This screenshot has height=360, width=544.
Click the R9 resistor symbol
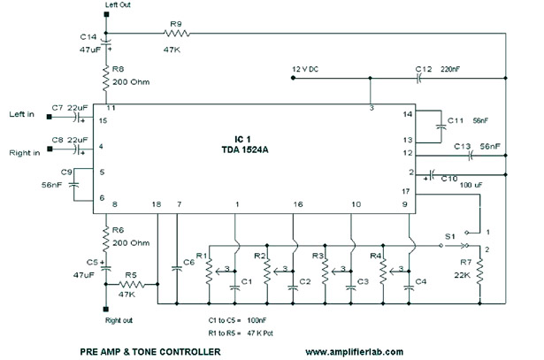pyautogui.click(x=177, y=34)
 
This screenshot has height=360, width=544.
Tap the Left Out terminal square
pyautogui.click(x=106, y=14)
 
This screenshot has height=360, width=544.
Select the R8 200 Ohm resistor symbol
pyautogui.click(x=106, y=79)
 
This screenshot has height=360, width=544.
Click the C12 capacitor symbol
pyautogui.click(x=418, y=79)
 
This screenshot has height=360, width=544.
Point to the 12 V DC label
pyautogui.click(x=305, y=69)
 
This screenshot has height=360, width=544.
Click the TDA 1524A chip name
pyautogui.click(x=245, y=149)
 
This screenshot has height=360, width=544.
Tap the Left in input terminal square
pyautogui.click(x=50, y=117)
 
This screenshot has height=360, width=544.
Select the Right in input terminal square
pyautogui.click(x=50, y=149)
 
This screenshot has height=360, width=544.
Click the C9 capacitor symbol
pyautogui.click(x=74, y=185)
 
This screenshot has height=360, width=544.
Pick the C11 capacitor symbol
pyautogui.click(x=441, y=126)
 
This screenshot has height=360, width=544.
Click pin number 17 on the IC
pyautogui.click(x=406, y=191)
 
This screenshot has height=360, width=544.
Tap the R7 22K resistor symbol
pyautogui.click(x=479, y=272)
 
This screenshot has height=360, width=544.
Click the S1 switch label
pyautogui.click(x=449, y=236)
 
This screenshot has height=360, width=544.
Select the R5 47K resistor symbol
pyautogui.click(x=132, y=285)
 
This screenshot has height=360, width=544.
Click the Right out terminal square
pyautogui.click(x=106, y=309)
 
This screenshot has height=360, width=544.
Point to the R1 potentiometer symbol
pyautogui.click(x=209, y=272)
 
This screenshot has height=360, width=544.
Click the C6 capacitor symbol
pyautogui.click(x=177, y=268)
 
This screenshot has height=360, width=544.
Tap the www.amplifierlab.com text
pyautogui.click(x=354, y=352)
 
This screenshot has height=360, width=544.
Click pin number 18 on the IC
pyautogui.click(x=157, y=204)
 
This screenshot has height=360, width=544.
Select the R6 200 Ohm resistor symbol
pyautogui.click(x=106, y=240)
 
